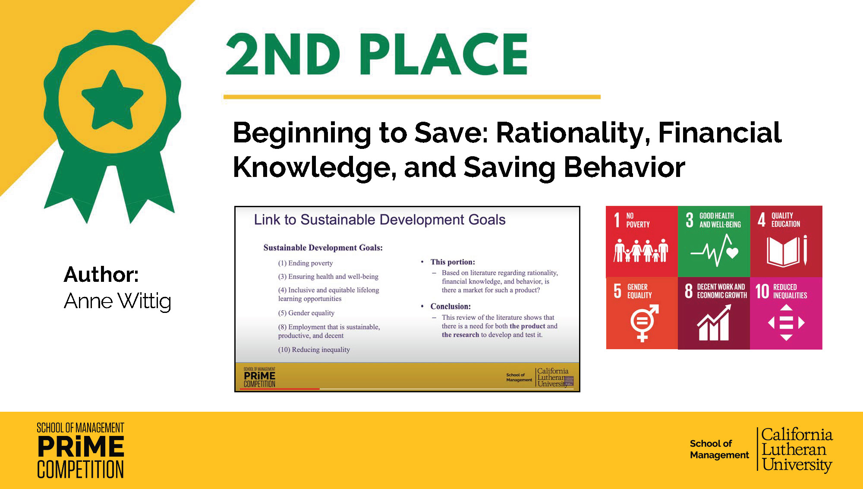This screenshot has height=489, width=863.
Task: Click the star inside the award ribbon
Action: (112, 100)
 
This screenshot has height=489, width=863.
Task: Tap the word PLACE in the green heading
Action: (444, 54)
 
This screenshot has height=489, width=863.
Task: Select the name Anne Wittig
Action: (117, 301)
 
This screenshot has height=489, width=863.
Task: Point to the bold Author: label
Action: (101, 274)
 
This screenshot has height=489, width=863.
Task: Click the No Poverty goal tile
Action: (642, 241)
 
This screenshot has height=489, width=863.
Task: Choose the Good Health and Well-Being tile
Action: (714, 241)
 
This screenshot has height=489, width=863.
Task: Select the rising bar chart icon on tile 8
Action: (714, 322)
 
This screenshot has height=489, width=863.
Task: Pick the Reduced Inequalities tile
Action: (786, 313)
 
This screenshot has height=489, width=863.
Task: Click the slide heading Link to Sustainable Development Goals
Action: (380, 220)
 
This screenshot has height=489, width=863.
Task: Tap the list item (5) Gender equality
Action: (306, 313)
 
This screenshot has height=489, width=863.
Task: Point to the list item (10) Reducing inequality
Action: (314, 350)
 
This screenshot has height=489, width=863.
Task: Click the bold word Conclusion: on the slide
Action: (450, 306)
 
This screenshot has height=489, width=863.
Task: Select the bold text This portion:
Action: (453, 262)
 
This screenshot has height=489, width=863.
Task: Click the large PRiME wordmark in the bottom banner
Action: (81, 446)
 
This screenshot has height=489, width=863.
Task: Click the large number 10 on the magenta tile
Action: (762, 291)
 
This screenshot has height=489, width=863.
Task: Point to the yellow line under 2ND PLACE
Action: (412, 97)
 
